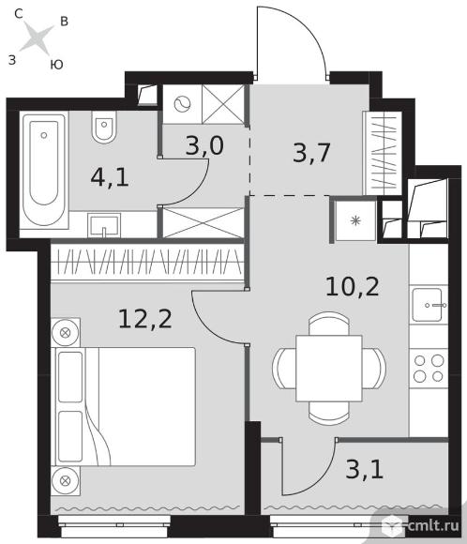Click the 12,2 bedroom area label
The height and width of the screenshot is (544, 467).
pos(145,319)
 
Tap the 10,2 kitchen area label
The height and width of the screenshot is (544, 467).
pos(353,287)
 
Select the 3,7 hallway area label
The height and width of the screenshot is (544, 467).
pos(311,152)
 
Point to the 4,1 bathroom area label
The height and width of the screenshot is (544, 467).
pos(110,177)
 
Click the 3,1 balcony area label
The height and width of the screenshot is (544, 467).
pos(364,470)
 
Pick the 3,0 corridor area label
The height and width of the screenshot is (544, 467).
pos(204,145)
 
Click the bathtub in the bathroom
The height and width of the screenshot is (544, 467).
pos(44,170)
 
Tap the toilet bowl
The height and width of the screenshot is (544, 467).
pos(104,127)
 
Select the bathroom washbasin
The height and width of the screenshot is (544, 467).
pos(104,225)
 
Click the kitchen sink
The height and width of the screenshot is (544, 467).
pos(427,305)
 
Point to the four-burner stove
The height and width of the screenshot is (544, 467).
pos(429,369)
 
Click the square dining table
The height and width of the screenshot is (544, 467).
pos(329,368)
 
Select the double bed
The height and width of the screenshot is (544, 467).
pos(123,406)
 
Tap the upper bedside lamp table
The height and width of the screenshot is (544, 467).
pos(66,333)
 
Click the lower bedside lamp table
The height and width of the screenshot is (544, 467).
pos(66,481)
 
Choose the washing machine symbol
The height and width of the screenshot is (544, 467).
pos(183,104)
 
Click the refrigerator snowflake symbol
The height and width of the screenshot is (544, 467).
pos(355,220)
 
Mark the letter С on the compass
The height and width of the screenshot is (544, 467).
pos(19,13)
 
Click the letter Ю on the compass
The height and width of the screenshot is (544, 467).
pos(56,65)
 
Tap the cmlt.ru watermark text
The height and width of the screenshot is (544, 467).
pos(433,525)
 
